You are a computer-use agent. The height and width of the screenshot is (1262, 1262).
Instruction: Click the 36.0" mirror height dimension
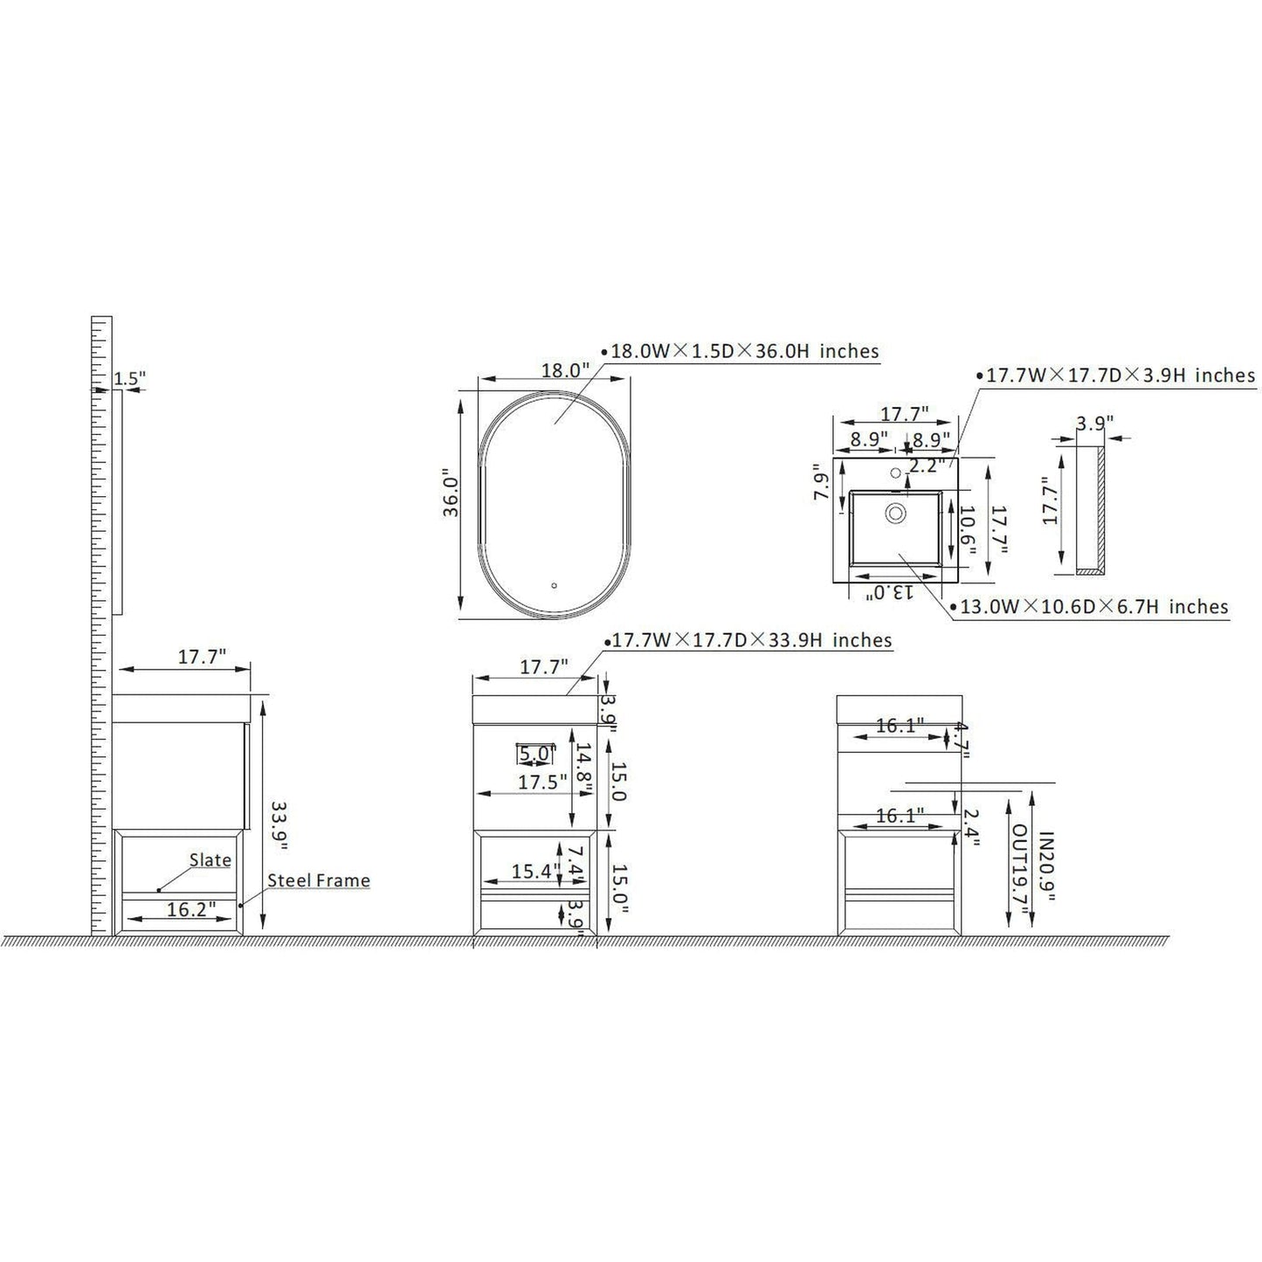452,493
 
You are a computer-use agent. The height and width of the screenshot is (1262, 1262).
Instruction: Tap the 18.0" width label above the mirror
566,370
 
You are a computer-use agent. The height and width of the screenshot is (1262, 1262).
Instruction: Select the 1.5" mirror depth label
129,378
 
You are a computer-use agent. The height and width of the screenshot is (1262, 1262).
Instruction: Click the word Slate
210,860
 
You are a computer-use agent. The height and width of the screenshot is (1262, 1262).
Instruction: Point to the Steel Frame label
319,880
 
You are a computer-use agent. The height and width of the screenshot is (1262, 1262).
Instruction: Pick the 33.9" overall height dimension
280,825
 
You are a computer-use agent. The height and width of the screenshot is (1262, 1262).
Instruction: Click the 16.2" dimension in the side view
191,909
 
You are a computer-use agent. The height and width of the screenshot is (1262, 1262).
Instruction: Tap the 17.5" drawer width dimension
542,782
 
